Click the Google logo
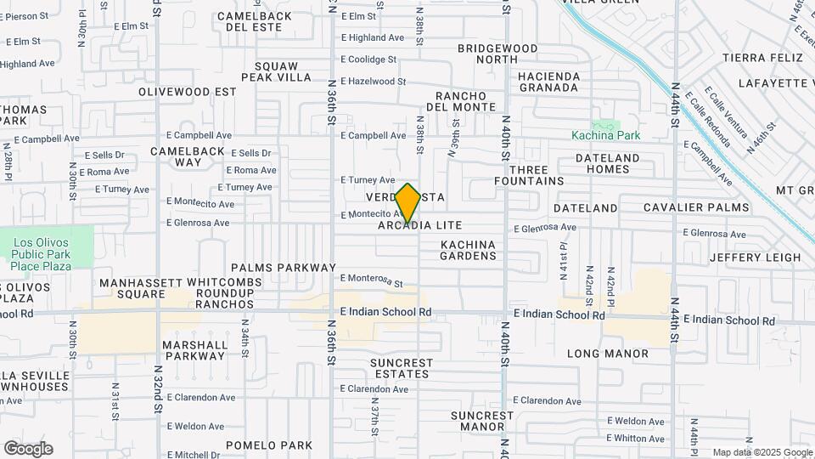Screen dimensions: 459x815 coord(28,449)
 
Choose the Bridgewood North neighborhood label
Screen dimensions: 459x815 coord(486,54)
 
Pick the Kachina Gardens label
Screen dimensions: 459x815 coord(468,250)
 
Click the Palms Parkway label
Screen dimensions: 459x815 coord(284,267)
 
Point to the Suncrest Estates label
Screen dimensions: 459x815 coord(402,368)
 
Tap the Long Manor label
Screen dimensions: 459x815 coord(608,353)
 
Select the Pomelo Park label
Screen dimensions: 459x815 coord(269,445)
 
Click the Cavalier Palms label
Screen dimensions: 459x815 coord(696,207)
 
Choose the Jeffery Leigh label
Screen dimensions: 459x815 coord(755,257)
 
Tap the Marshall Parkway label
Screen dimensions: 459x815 coord(196,350)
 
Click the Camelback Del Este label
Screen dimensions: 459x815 coord(261,20)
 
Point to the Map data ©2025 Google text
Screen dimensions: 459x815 coord(762,452)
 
